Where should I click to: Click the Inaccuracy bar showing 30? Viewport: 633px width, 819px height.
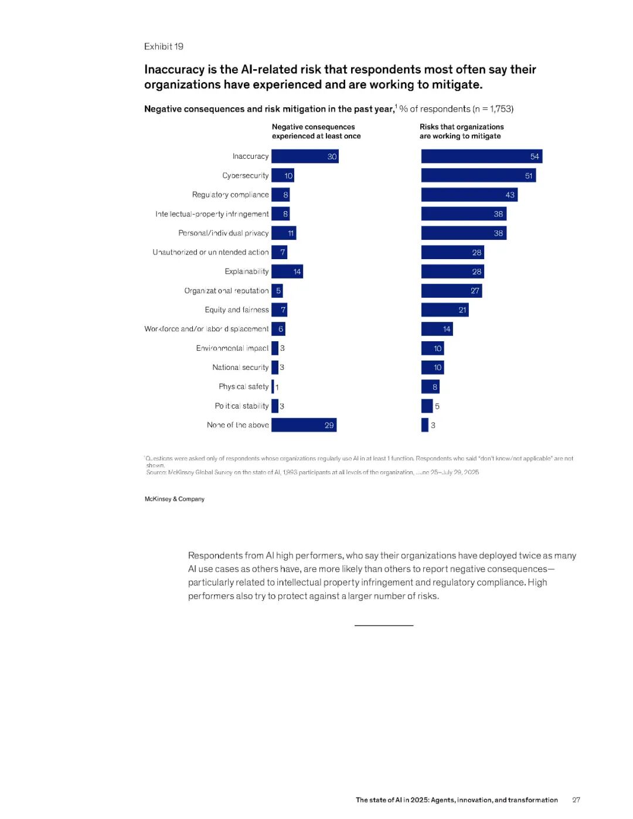[x=305, y=157]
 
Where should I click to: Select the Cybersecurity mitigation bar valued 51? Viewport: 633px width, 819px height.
[x=478, y=175]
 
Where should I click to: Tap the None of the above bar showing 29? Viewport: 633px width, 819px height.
[x=304, y=425]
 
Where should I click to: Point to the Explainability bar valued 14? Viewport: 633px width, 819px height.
[x=287, y=271]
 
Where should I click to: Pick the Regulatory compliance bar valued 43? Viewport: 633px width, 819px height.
[x=469, y=195]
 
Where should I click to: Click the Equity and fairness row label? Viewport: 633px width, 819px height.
[x=237, y=310]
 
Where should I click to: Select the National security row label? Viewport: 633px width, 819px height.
[x=240, y=368]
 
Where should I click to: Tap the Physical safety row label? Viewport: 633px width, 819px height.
[x=243, y=386]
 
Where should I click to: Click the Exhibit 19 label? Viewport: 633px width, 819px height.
[x=164, y=46]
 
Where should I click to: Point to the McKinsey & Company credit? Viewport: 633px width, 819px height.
[x=175, y=499]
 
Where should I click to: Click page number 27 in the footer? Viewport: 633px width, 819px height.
[x=576, y=800]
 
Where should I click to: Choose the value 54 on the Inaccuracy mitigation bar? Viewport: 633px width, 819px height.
[x=535, y=157]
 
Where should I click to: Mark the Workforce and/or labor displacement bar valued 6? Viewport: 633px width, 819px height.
[x=278, y=329]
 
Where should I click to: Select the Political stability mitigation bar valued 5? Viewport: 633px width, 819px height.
[x=427, y=406]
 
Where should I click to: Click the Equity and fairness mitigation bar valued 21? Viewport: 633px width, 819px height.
[x=445, y=310]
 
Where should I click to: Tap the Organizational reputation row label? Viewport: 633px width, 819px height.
[x=226, y=291]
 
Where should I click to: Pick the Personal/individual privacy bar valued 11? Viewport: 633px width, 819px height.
[x=284, y=233]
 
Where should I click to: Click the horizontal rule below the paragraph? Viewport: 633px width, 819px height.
[x=384, y=626]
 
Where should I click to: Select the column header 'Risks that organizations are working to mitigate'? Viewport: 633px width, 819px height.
[x=461, y=131]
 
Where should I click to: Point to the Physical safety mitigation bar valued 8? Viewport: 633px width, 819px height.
[x=430, y=386]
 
